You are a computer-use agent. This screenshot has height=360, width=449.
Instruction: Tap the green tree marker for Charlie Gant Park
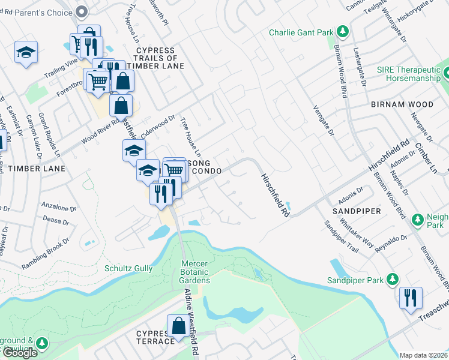click(343, 31)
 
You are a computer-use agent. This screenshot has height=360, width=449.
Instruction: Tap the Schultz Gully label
click(128, 268)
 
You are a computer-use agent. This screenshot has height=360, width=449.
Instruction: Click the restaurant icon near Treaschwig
click(411, 298)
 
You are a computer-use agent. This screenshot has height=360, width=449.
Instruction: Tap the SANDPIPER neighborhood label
click(357, 212)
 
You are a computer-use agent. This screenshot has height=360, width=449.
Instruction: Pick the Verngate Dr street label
click(322, 119)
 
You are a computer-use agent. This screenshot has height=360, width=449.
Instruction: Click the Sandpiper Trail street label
click(341, 240)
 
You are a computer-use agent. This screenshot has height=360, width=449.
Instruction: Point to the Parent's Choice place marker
click(83, 11)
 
